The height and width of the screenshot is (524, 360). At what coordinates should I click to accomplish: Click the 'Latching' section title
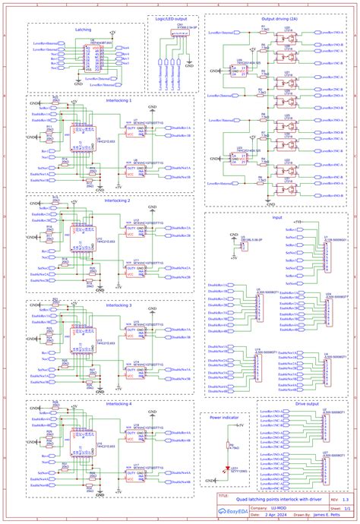click(x=84, y=30)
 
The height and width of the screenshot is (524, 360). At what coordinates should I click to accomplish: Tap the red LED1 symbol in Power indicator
click(x=226, y=469)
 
